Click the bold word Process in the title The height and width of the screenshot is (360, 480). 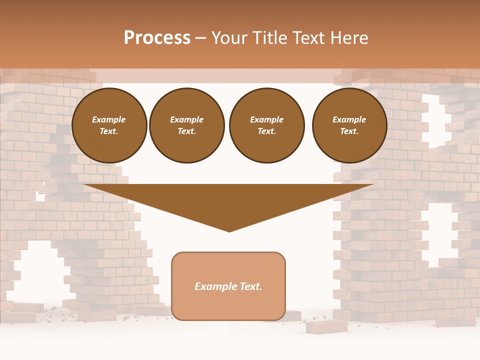point(157,38)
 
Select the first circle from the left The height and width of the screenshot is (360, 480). point(109,125)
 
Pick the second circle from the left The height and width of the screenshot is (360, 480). point(187,125)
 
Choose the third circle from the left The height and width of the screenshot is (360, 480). point(266,125)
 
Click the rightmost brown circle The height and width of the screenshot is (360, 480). point(349,125)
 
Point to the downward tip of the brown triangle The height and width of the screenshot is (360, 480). point(229,230)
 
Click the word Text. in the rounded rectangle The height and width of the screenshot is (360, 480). point(251,286)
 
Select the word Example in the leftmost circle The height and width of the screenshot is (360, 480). point(109,119)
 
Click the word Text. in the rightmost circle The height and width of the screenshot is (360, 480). point(349,131)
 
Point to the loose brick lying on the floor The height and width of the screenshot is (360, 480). point(327,326)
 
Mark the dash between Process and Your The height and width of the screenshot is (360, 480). point(201,38)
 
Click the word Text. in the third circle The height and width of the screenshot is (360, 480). point(266,131)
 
